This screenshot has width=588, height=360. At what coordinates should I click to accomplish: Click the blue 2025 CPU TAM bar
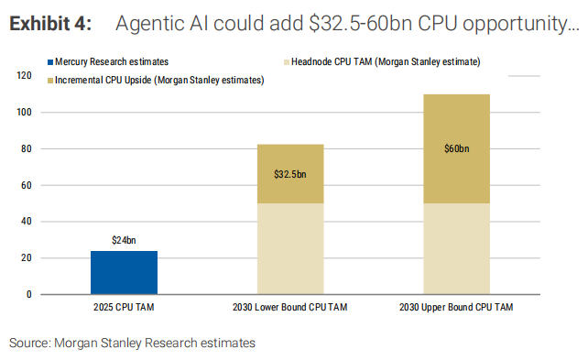[111, 273]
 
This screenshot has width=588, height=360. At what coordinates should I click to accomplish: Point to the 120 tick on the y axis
[25, 76]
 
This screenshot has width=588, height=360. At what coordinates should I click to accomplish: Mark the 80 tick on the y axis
[27, 148]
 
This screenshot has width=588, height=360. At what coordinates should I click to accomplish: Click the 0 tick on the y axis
[29, 294]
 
